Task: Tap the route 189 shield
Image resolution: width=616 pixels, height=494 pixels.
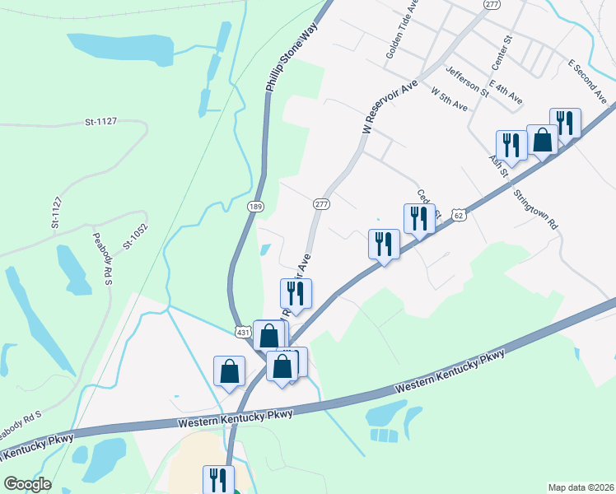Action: tap(255, 205)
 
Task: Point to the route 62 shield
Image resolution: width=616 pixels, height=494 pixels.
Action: tap(459, 215)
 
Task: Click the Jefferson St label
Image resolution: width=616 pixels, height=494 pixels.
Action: tap(467, 82)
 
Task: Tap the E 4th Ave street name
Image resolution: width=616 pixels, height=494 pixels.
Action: tap(505, 91)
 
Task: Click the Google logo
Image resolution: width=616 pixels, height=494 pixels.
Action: tap(27, 484)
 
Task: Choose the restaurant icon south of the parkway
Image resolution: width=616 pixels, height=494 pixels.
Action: tap(218, 479)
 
